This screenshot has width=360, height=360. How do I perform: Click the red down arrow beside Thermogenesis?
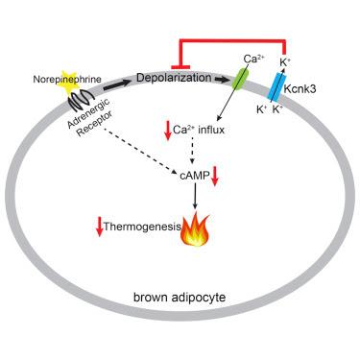pos(100,226)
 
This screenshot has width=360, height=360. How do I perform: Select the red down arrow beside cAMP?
pos(215,177)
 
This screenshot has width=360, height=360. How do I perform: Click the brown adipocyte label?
pos(180,298)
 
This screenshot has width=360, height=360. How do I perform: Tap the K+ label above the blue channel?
pos(284,62)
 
